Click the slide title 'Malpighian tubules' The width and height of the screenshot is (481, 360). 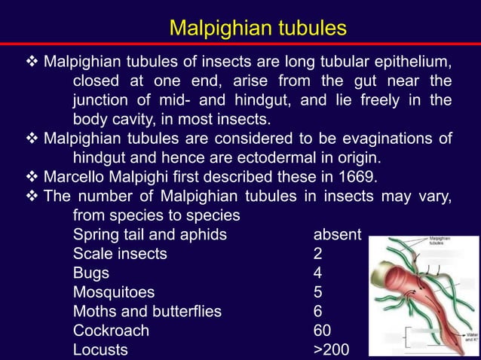coord(258,28)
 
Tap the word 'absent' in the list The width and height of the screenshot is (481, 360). coord(338,234)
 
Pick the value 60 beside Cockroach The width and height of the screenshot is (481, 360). coord(322,331)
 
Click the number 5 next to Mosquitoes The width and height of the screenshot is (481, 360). coord(317,292)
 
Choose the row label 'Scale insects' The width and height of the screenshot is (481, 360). coord(120,254)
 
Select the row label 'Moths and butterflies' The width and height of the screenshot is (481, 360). coord(147,311)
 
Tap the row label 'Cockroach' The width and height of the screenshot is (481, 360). coord(111,331)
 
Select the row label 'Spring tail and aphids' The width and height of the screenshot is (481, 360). coord(149,234)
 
